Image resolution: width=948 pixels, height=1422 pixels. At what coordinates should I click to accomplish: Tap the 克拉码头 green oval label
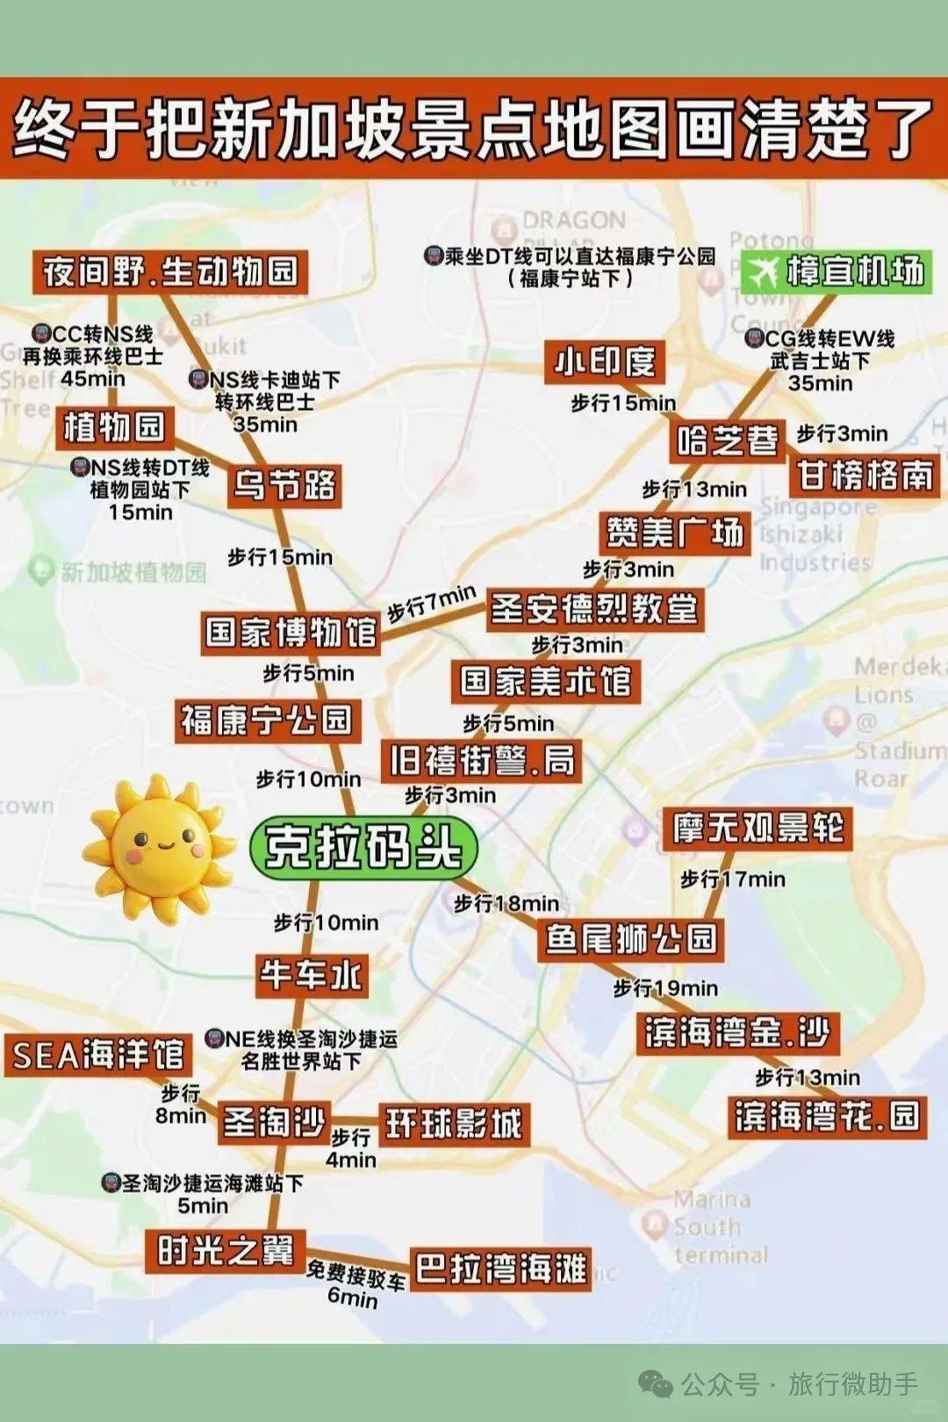pos(363,847)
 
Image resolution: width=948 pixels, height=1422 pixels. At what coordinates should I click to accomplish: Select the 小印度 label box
pos(605,362)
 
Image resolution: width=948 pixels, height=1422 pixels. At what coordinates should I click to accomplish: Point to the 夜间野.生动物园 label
pos(171,272)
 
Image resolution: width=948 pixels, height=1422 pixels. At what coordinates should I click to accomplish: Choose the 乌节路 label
pos(284,485)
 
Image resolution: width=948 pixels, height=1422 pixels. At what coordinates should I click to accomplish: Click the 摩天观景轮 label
pos(758,829)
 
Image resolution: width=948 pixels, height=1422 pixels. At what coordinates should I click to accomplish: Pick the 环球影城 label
pos(454,1124)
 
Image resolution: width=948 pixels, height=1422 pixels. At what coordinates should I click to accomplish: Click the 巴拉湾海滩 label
pos(500,1268)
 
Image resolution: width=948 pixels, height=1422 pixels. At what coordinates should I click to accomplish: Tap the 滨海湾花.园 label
pos(827,1117)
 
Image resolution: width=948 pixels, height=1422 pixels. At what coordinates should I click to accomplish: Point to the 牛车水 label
pos(311,975)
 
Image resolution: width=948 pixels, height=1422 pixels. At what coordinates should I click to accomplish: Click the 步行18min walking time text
pos(506,903)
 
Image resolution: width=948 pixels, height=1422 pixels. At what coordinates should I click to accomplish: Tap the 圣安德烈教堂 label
pos(594,608)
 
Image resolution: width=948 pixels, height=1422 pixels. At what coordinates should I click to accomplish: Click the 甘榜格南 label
pos(865,476)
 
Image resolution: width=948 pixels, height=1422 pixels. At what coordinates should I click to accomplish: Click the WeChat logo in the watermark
pos(656,1384)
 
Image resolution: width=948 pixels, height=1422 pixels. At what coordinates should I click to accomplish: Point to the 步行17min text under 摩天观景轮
pos(733,879)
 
